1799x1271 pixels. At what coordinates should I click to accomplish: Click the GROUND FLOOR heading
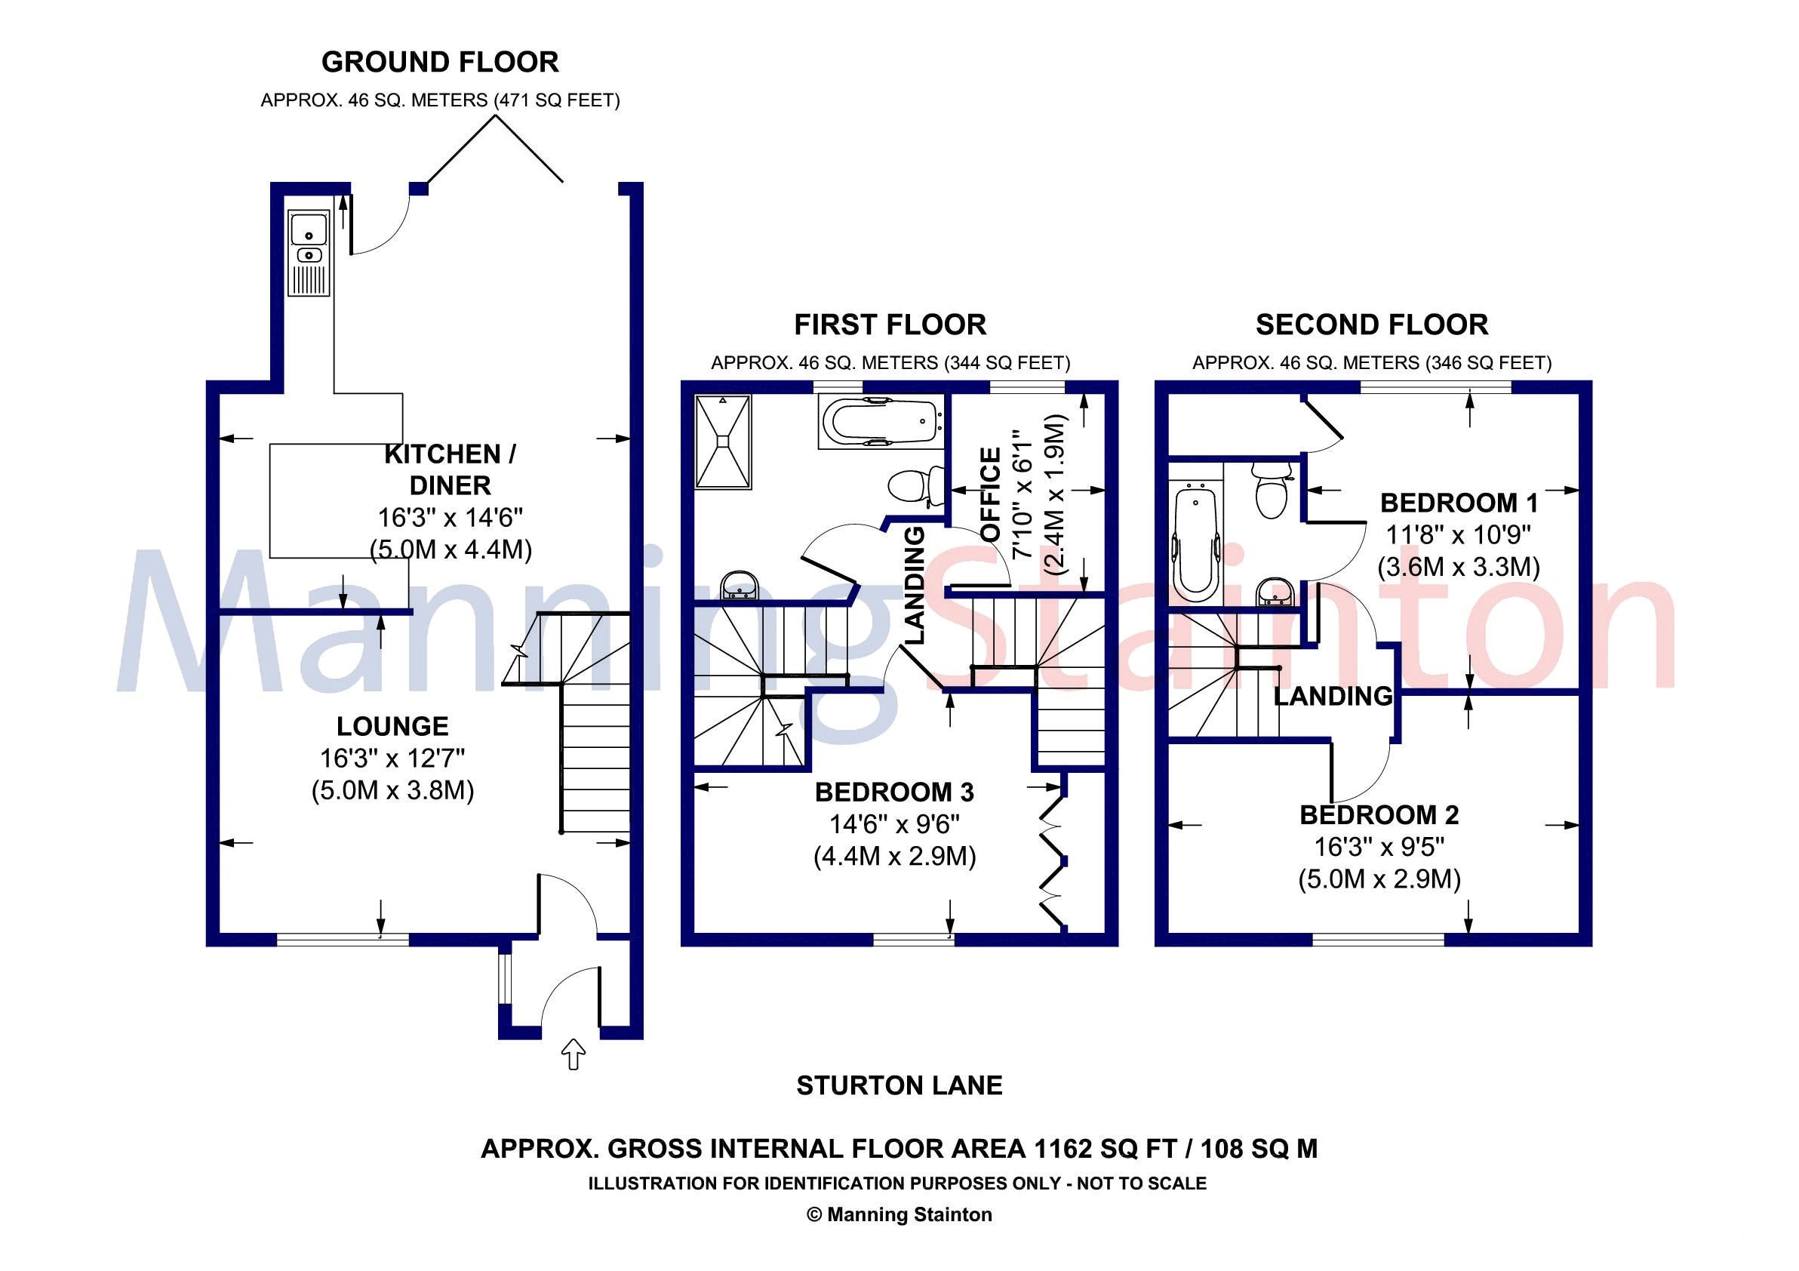440,62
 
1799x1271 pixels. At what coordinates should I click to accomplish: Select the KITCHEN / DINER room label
450,469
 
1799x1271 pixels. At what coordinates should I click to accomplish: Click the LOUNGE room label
392,726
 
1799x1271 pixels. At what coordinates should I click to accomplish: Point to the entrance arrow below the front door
574,1054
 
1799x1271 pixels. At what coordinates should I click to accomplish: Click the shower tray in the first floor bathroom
723,443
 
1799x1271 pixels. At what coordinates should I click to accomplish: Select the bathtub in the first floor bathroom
881,421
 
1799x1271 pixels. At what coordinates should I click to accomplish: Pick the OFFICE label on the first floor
991,494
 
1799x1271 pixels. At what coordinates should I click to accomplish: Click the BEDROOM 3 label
894,792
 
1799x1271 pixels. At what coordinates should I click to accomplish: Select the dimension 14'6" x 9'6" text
894,824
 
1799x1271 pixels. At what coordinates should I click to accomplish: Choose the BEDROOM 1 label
1459,503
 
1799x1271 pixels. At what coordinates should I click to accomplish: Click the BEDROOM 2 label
1379,815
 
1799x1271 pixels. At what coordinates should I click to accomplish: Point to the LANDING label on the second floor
1333,696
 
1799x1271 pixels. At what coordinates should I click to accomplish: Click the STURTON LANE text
899,1085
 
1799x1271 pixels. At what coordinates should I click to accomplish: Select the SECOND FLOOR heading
1371,325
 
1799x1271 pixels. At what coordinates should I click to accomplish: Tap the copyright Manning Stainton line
899,1214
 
